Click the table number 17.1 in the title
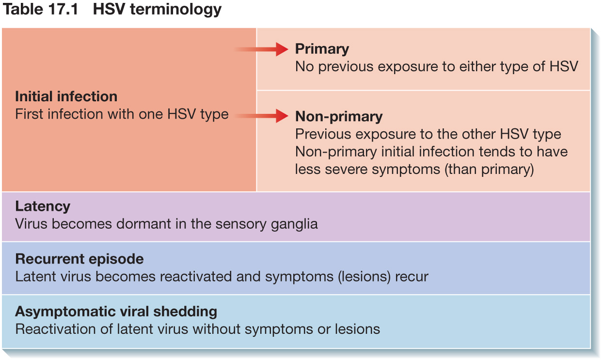(x=63, y=9)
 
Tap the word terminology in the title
(x=176, y=10)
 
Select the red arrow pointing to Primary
(x=261, y=49)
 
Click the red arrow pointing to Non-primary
(x=261, y=116)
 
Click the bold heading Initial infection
(x=66, y=96)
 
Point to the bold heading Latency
(x=43, y=207)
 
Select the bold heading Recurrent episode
(x=79, y=260)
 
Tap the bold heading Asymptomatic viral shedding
(x=116, y=312)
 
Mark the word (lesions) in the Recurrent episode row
(x=364, y=277)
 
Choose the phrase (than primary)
(x=489, y=170)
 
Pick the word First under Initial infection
(x=29, y=114)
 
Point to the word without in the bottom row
(x=216, y=329)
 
